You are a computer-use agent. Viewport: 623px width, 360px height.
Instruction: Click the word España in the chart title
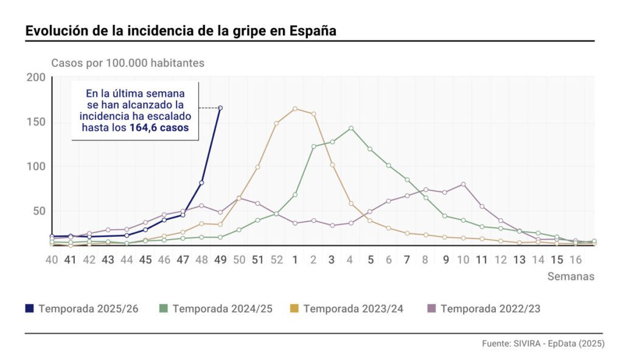click(313, 30)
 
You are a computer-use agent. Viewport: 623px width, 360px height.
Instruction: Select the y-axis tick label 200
click(37, 77)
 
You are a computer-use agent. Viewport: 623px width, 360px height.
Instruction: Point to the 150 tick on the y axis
click(37, 122)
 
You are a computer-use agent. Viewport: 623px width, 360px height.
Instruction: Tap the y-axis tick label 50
click(39, 211)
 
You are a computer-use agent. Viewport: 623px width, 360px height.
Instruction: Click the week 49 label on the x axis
click(220, 260)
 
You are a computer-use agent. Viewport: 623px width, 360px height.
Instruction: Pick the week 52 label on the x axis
click(277, 260)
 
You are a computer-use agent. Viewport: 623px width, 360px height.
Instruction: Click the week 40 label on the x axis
click(52, 260)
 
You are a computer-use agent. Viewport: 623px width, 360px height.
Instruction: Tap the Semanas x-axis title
click(571, 276)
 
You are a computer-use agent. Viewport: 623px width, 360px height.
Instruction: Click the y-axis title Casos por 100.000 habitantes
click(128, 63)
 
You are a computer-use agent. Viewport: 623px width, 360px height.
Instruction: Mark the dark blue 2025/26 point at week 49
click(220, 108)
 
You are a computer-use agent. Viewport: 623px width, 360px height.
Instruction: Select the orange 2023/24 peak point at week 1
click(295, 109)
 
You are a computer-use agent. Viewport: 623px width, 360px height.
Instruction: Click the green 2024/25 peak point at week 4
click(351, 128)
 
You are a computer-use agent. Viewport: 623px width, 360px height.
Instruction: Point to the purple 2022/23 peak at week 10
click(464, 184)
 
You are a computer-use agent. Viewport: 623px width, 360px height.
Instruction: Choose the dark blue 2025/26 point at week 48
click(201, 182)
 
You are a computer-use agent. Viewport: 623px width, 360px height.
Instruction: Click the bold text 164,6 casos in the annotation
click(159, 128)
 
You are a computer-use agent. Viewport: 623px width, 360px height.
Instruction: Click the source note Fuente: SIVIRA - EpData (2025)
click(543, 344)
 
